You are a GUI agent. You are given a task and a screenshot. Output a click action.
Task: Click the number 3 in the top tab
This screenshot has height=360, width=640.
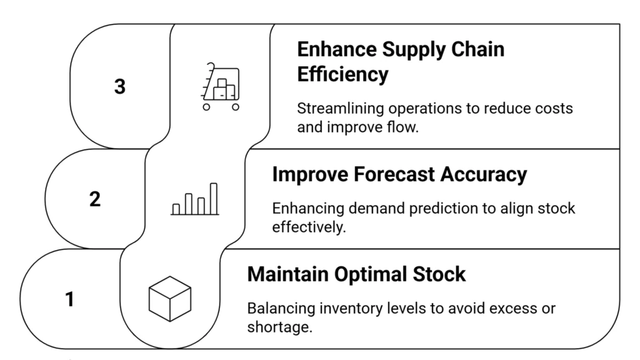click(x=119, y=87)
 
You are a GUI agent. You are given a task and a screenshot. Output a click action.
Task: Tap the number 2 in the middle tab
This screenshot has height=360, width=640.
click(x=94, y=200)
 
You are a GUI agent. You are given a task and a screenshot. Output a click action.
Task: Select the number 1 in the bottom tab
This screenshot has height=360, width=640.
click(x=69, y=300)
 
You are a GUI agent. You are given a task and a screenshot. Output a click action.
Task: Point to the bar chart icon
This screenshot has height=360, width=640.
click(x=195, y=200)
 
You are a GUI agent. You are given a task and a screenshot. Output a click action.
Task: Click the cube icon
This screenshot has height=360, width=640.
click(x=169, y=299)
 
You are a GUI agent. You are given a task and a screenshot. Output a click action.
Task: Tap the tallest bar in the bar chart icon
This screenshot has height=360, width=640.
click(x=213, y=198)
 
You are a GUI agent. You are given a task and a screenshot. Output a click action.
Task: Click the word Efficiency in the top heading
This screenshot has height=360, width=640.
click(x=342, y=74)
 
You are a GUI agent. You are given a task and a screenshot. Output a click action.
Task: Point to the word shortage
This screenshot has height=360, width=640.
click(x=279, y=327)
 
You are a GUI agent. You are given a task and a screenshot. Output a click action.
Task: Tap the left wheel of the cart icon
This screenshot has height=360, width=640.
click(x=206, y=107)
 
